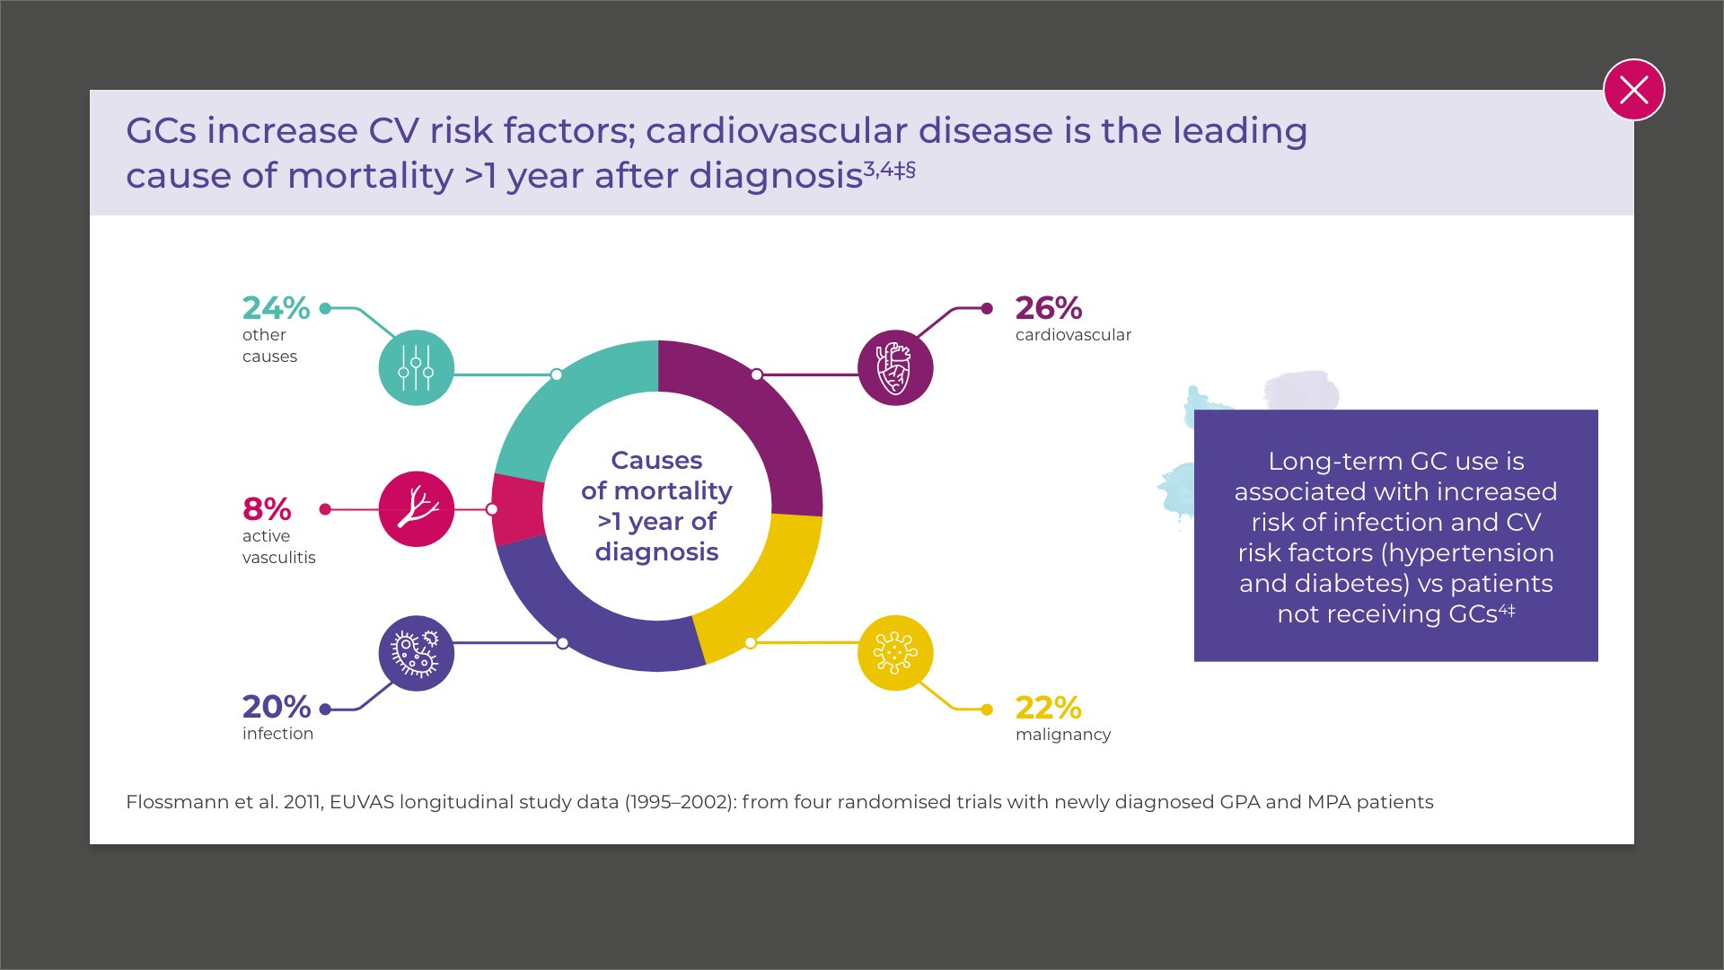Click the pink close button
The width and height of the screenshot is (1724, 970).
pyautogui.click(x=1633, y=90)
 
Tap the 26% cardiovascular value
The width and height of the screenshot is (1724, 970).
pyautogui.click(x=1048, y=308)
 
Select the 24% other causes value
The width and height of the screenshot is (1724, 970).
pyautogui.click(x=276, y=308)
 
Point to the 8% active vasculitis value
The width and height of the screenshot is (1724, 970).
pyautogui.click(x=267, y=509)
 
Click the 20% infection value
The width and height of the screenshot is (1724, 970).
pyautogui.click(x=277, y=707)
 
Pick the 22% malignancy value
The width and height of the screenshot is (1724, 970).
pyautogui.click(x=1048, y=708)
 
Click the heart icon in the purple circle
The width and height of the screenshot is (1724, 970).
pyautogui.click(x=894, y=367)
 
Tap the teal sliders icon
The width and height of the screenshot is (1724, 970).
pyautogui.click(x=416, y=367)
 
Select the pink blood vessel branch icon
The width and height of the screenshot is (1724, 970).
pyautogui.click(x=416, y=508)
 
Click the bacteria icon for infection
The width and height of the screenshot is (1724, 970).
pyautogui.click(x=416, y=653)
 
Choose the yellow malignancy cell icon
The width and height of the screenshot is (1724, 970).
pyautogui.click(x=894, y=653)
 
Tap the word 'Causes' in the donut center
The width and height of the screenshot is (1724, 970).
pyautogui.click(x=656, y=460)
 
